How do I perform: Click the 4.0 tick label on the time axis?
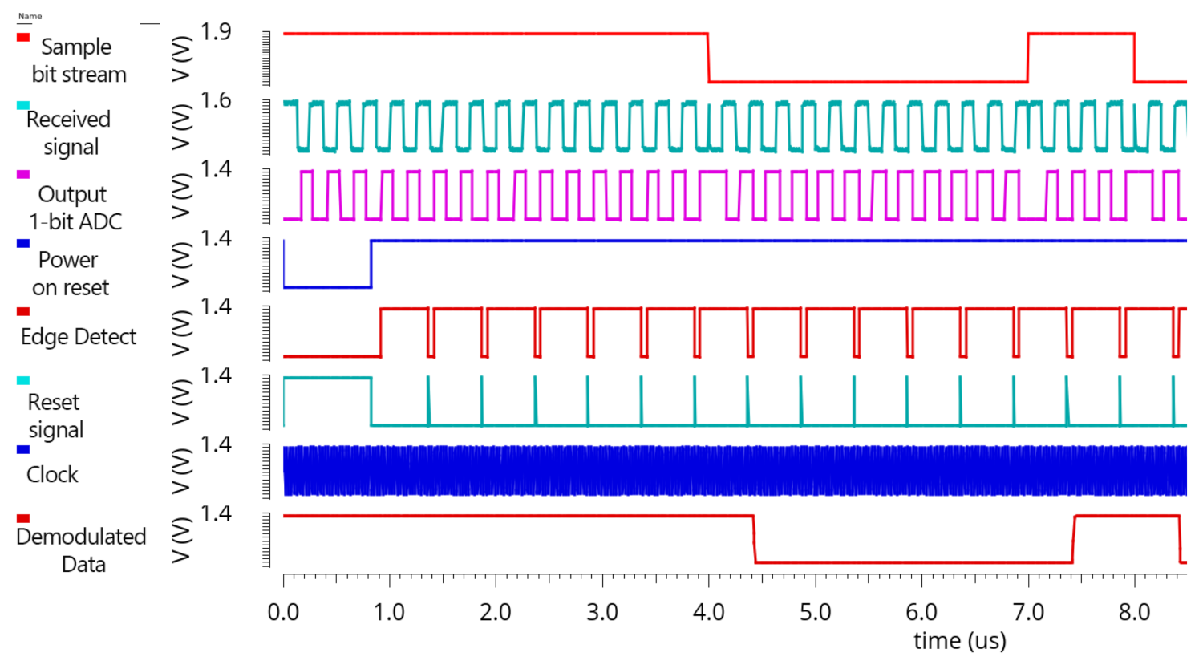click(708, 613)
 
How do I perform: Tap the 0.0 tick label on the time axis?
click(283, 613)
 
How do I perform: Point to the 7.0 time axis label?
click(1028, 613)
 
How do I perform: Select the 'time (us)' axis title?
click(959, 641)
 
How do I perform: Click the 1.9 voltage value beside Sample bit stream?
click(216, 32)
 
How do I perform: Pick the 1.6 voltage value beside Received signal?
click(216, 101)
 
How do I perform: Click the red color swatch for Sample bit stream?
click(23, 37)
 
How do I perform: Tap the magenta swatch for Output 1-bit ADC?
click(23, 174)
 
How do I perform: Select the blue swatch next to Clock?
click(23, 449)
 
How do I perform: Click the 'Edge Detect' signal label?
click(79, 337)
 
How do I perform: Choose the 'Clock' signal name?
click(52, 475)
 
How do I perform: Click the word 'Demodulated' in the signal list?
click(81, 537)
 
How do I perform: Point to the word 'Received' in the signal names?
click(68, 120)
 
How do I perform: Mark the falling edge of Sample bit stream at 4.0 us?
click(708, 58)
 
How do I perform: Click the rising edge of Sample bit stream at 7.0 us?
click(1028, 58)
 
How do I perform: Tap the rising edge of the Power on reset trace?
click(371, 264)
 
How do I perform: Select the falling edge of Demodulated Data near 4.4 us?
click(754, 539)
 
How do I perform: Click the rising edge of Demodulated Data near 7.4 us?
click(1074, 539)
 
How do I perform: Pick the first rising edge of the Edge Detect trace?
click(380, 332)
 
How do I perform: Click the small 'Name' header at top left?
click(30, 16)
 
